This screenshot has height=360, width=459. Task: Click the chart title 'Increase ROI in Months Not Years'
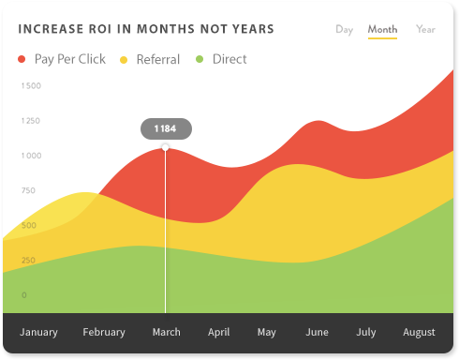146,29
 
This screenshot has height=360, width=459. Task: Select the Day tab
344,29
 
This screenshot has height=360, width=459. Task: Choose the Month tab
382,29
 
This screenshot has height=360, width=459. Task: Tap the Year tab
425,29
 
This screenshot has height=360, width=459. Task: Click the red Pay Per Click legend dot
22,60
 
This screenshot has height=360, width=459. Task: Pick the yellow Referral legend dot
124,60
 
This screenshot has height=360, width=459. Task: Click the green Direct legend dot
200,60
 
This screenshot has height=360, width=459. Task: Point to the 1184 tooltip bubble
166,128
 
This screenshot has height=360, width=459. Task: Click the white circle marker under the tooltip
166,147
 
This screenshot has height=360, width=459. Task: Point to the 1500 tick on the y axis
31,86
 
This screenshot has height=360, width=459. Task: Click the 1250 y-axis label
31,121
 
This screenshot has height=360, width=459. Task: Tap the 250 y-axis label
29,261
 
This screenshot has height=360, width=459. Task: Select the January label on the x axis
38,333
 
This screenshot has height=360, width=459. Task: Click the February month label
103,333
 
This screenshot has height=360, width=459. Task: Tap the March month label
166,333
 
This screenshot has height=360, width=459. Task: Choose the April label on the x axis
218,333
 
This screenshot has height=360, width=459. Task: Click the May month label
267,333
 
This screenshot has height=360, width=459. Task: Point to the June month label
317,333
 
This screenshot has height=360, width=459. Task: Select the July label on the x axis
365,333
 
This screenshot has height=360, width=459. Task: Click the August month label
419,333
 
